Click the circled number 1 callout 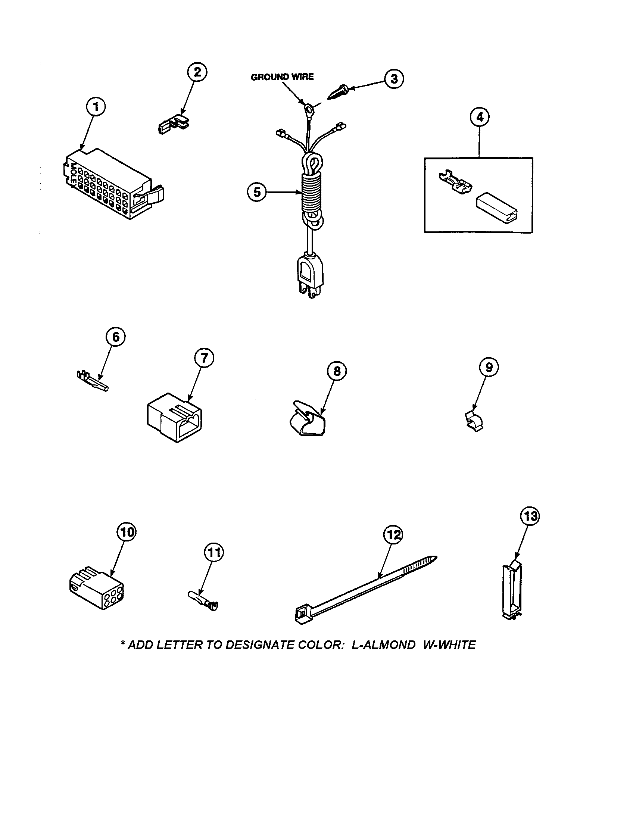(x=96, y=107)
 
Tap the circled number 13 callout (x=530, y=516)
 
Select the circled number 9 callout (x=489, y=366)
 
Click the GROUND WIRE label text (x=282, y=77)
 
